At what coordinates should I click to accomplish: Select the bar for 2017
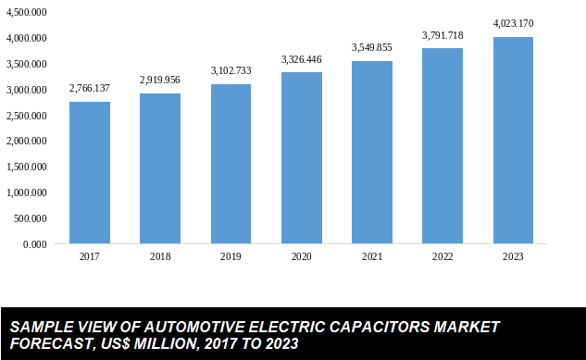[x=89, y=173]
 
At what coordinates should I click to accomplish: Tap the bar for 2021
[x=371, y=153]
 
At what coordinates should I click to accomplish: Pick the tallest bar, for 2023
[x=513, y=141]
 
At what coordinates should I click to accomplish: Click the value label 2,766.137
[x=89, y=88]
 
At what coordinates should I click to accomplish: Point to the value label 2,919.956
[x=160, y=81]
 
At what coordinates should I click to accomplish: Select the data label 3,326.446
[x=301, y=59]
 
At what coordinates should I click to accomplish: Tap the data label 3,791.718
[x=443, y=35]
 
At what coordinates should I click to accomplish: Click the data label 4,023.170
[x=513, y=23]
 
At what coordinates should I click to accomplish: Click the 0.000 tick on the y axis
[x=33, y=244]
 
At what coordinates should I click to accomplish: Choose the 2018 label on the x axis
[x=160, y=256]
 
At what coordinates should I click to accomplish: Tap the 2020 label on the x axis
[x=301, y=256]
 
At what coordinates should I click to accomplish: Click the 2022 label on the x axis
[x=443, y=256]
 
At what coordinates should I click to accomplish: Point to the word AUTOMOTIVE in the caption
[x=193, y=328]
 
